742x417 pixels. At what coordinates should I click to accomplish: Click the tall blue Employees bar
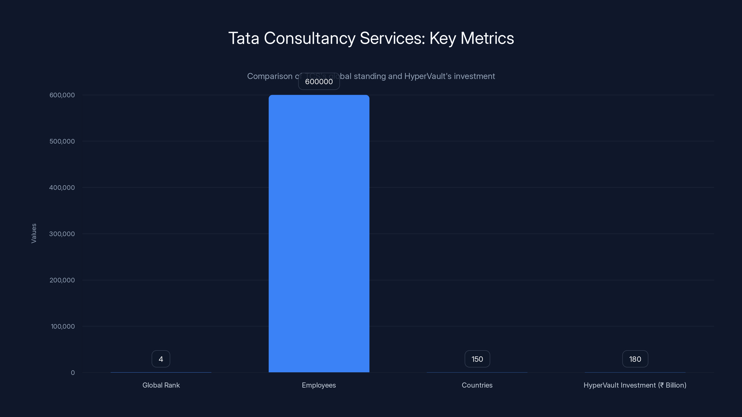tap(319, 233)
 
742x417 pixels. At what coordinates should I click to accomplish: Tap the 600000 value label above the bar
tap(319, 82)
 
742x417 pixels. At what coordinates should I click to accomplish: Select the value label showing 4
tap(161, 359)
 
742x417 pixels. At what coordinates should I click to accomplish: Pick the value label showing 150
tap(477, 359)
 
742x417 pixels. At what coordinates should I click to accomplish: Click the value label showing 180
tap(635, 359)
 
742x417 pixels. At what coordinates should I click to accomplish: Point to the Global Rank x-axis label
tap(161, 385)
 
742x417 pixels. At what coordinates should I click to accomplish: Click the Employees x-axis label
tap(319, 385)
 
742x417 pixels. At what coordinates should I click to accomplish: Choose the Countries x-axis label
tap(477, 385)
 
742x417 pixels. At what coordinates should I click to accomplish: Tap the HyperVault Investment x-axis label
tap(635, 385)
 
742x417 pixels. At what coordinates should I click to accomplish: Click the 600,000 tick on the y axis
tap(62, 95)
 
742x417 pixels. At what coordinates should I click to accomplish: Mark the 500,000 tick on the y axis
tap(62, 141)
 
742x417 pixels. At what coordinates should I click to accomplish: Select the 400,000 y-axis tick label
tap(62, 188)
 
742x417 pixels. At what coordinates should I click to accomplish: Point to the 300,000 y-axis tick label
tap(62, 234)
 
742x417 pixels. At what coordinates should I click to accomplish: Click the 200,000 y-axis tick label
tap(62, 280)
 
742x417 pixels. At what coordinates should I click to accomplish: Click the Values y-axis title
tap(34, 233)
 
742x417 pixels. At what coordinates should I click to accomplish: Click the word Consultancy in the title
tap(309, 38)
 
